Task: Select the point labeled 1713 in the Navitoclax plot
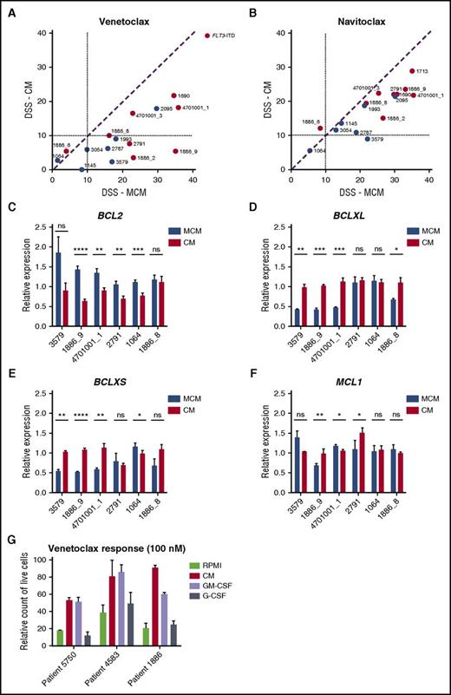pyautogui.click(x=412, y=71)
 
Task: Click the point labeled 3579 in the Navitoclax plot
pyautogui.click(x=368, y=139)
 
